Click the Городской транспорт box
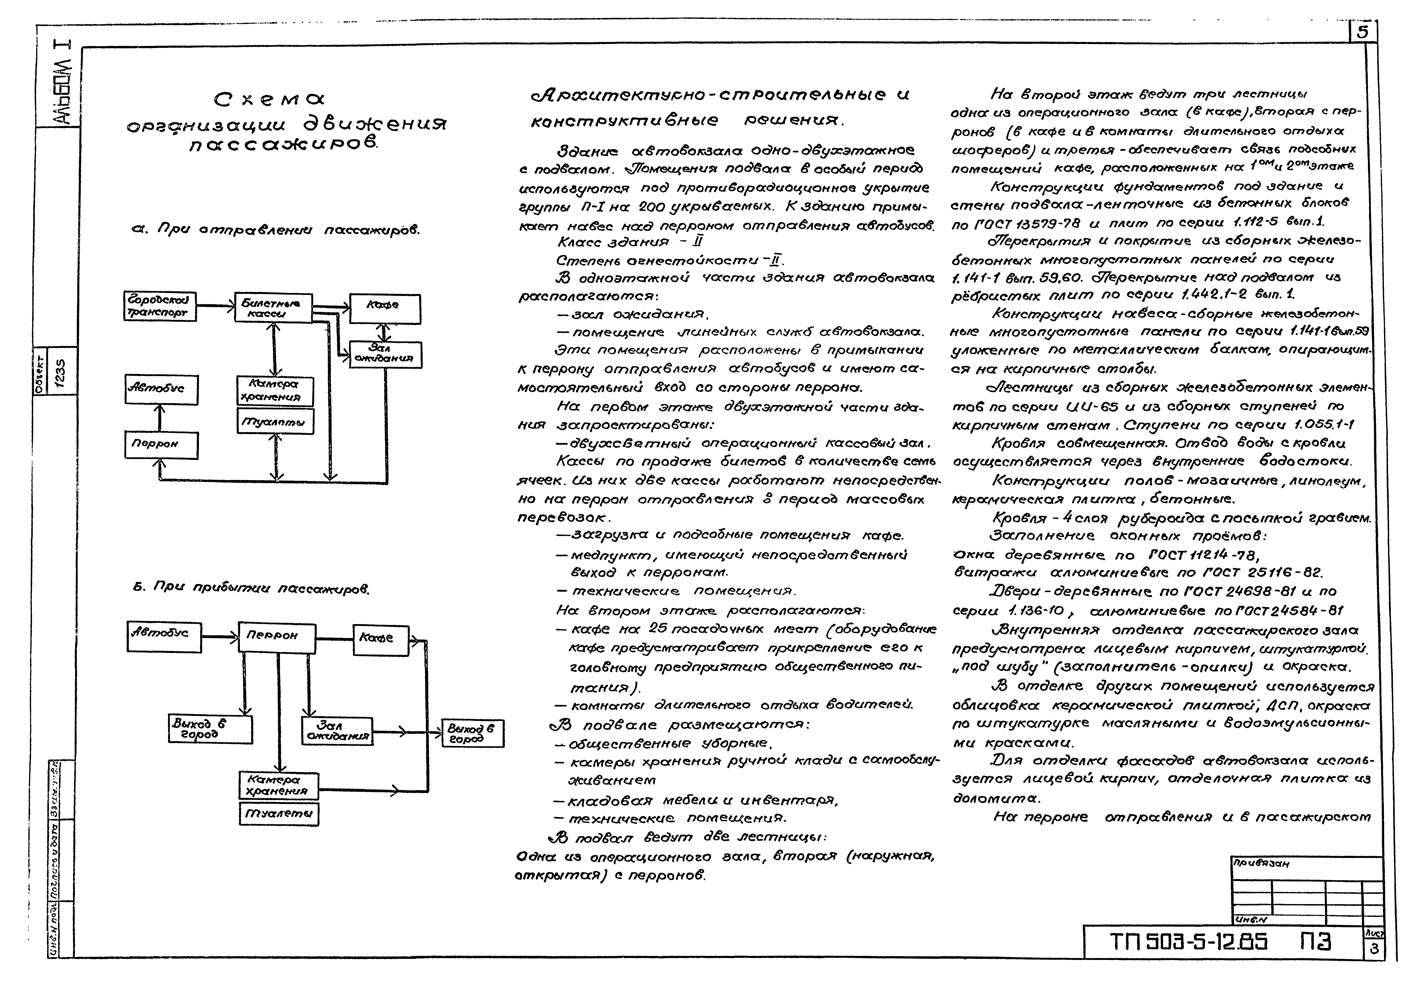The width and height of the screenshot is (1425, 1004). point(160,307)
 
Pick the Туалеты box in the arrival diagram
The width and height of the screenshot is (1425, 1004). point(279,813)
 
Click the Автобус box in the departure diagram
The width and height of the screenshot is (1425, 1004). point(161,390)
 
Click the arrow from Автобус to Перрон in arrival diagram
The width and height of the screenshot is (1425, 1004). point(220,635)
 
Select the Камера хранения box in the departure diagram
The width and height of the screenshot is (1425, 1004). point(275,391)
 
